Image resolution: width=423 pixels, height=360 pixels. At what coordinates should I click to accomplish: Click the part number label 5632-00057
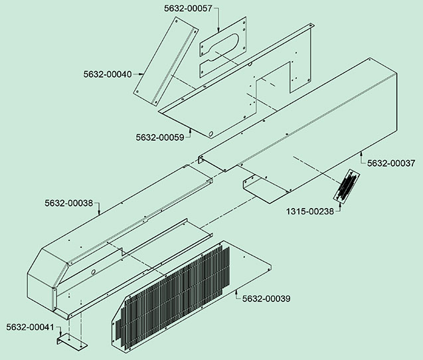point(188,9)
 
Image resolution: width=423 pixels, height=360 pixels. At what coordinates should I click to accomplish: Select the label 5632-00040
point(108,74)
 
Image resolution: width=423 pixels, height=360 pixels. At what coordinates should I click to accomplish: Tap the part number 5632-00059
point(160,137)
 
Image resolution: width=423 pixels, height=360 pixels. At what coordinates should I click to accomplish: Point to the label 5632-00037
point(391,163)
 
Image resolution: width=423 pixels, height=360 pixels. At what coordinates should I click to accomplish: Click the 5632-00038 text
point(69,203)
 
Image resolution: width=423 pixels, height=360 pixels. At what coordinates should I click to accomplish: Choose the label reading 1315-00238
point(310,211)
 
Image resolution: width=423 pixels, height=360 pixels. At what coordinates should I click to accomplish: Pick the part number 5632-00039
point(266,299)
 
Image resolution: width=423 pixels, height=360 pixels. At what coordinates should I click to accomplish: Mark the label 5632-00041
point(31,327)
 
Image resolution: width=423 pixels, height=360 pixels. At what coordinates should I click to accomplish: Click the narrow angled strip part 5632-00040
point(166,61)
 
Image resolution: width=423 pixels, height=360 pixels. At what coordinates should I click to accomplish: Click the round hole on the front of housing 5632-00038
point(93,272)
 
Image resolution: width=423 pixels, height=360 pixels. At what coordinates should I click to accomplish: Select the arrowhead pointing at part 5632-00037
point(361,153)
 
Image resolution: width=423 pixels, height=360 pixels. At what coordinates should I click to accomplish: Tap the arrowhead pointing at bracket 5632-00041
point(61,334)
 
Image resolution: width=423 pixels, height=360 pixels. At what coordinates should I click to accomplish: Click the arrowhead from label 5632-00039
point(236,291)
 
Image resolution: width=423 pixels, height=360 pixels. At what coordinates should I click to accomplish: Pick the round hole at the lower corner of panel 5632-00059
point(211,134)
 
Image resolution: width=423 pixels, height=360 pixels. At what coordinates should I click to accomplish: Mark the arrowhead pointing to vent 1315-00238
point(339,204)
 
